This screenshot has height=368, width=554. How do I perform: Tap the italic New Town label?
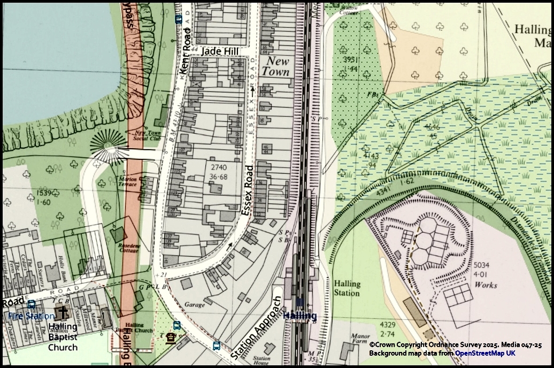(277, 66)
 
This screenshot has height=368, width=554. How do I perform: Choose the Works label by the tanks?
(486, 285)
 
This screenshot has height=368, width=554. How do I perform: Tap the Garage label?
(195, 305)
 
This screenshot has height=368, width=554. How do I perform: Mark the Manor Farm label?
(360, 340)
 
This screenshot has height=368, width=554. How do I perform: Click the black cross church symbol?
(64, 312)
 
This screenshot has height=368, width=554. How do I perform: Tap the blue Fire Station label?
(31, 316)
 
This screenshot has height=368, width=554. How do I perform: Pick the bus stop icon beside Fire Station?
(31, 305)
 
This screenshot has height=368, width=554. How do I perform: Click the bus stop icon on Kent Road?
(179, 19)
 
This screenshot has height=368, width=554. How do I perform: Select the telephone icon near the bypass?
(171, 338)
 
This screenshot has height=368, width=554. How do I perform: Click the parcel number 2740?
(219, 167)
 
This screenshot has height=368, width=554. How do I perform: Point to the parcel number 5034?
(482, 266)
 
